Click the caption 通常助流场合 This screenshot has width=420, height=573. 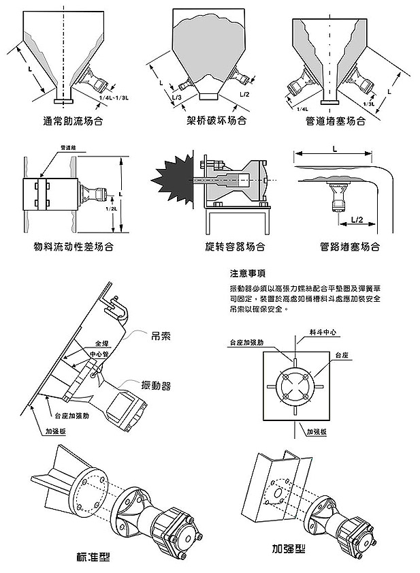pyautogui.click(x=72, y=122)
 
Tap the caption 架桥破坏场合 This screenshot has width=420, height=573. pyautogui.click(x=216, y=122)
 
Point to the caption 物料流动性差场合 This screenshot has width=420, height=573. pyautogui.click(x=73, y=246)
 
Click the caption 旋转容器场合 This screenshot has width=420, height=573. pyautogui.click(x=235, y=246)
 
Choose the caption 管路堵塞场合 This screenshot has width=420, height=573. pyautogui.click(x=349, y=246)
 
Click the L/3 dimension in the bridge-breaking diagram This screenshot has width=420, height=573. pyautogui.click(x=177, y=98)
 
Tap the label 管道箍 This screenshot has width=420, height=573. pyautogui.click(x=69, y=147)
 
